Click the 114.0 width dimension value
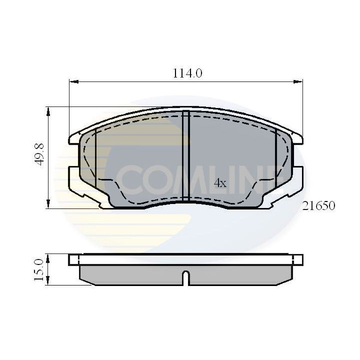pyautogui.click(x=187, y=73)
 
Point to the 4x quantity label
pyautogui.click(x=220, y=183)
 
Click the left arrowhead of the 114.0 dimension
pyautogui.click(x=71, y=80)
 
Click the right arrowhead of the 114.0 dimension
pyautogui.click(x=300, y=80)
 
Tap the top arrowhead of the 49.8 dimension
pyautogui.click(x=48, y=109)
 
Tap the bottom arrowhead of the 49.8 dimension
pyautogui.click(x=48, y=205)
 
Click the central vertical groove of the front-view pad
pyautogui.click(x=185, y=155)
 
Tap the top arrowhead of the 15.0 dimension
pyautogui.click(x=48, y=256)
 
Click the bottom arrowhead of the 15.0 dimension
pyautogui.click(x=48, y=282)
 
